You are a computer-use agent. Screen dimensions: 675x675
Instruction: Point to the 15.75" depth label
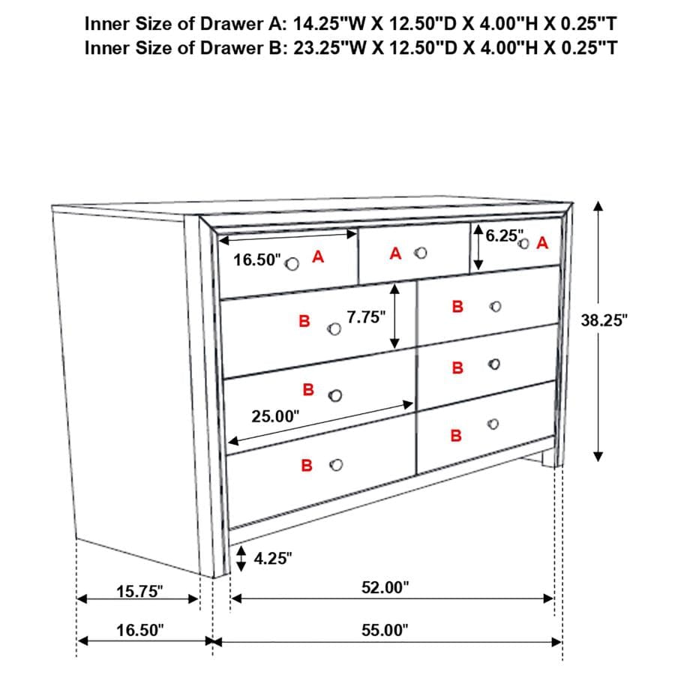point(139,592)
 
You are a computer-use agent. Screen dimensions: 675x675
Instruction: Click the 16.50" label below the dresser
point(139,630)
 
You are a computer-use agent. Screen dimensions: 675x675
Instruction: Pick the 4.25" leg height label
point(274,558)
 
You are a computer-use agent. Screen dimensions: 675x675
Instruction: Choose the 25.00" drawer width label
point(275,415)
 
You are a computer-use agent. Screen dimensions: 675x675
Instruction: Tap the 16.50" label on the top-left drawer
point(256,260)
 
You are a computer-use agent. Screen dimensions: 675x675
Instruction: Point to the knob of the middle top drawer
point(421,253)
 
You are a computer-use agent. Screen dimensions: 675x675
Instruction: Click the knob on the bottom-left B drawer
point(336,465)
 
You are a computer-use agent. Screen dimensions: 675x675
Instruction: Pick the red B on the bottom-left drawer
point(307,466)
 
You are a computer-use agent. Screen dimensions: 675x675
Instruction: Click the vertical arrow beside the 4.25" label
point(241,558)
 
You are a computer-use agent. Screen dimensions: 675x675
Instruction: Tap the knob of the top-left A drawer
point(292,262)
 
